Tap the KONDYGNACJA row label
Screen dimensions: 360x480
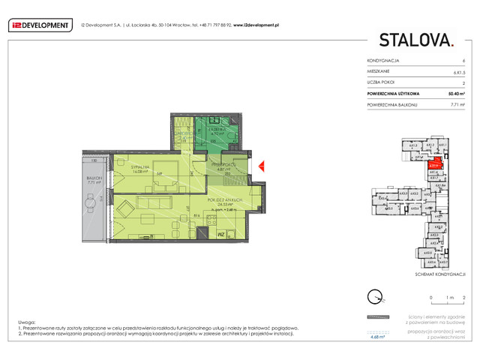(x=383, y=60)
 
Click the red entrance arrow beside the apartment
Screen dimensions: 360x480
(x=261, y=166)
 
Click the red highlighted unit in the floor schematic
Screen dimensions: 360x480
(x=433, y=166)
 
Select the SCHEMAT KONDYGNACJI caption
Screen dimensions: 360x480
(x=436, y=274)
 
